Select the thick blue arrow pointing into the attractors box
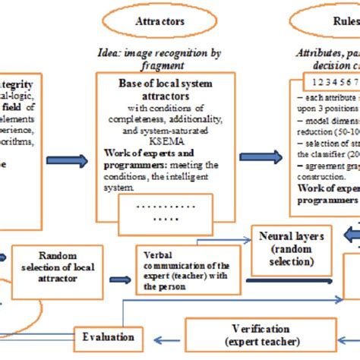(68, 160)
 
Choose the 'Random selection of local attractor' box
(57, 266)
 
